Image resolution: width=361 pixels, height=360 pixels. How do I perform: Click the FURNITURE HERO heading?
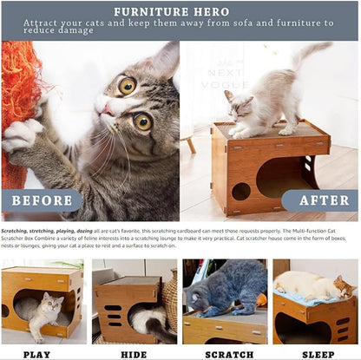(180, 11)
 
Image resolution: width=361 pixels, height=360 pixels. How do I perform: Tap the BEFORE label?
(41, 200)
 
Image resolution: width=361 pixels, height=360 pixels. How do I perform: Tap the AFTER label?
(320, 200)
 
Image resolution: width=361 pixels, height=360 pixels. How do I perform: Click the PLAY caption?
(36, 353)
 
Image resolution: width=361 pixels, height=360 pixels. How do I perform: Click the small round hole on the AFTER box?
(240, 190)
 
